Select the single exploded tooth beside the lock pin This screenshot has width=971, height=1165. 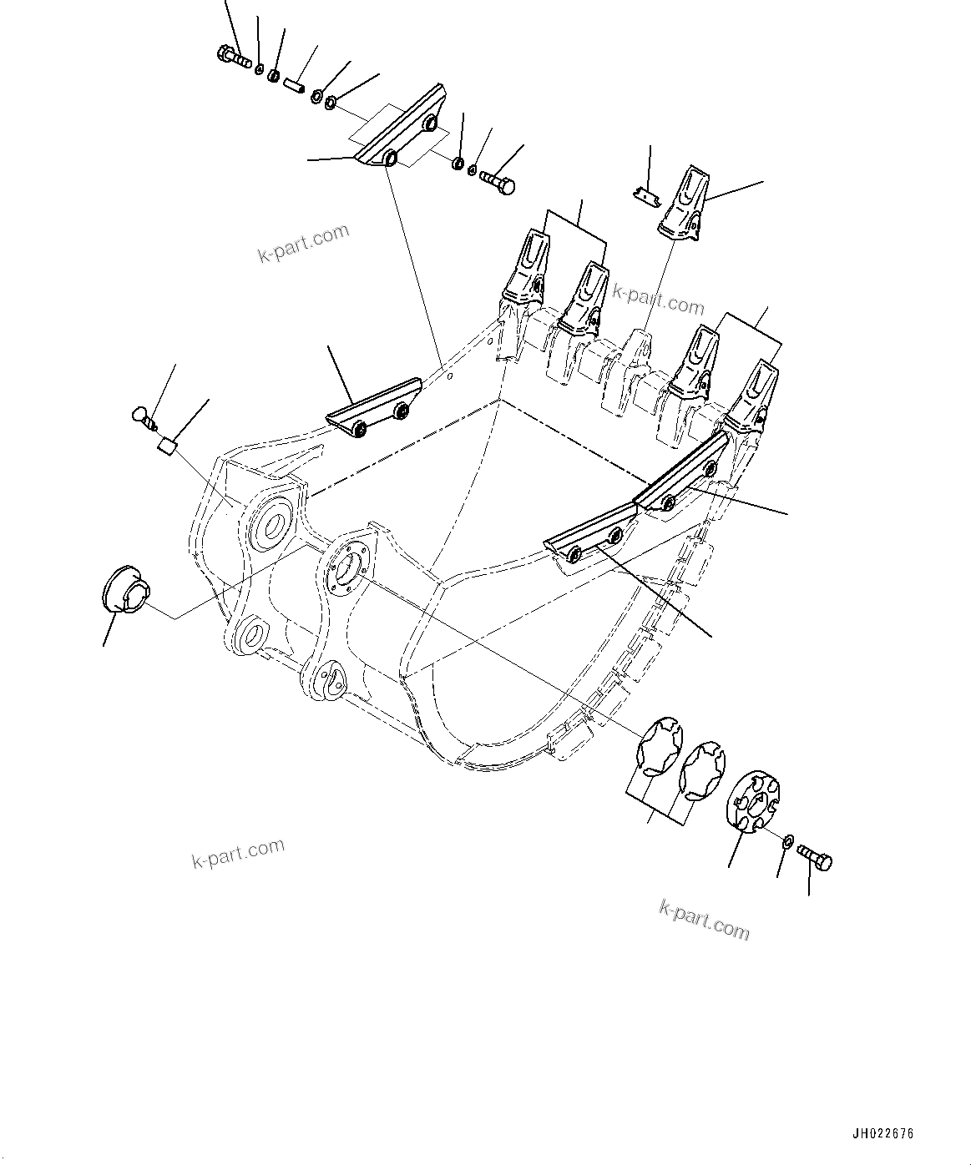coord(685,204)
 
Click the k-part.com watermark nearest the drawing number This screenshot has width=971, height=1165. coord(704,918)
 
